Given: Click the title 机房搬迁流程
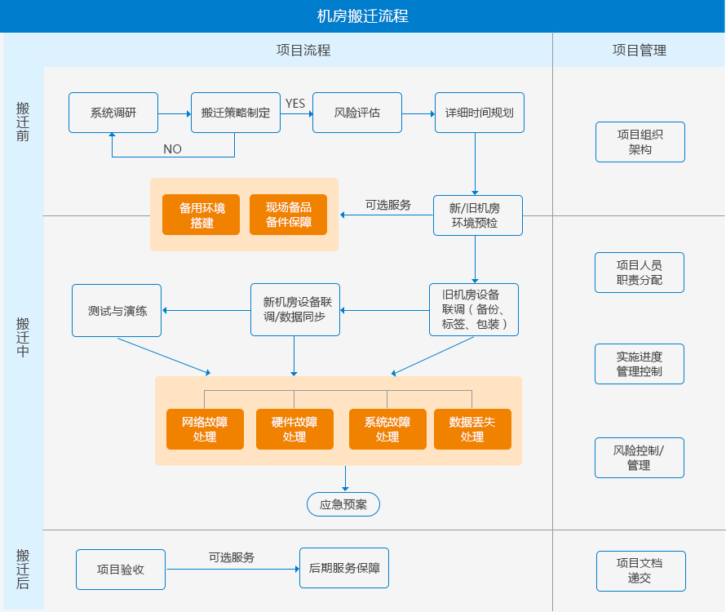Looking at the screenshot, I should (x=362, y=16).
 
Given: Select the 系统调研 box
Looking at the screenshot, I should (x=113, y=113).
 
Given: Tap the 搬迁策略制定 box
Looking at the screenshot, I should (x=235, y=113).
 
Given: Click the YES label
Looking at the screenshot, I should (x=295, y=103).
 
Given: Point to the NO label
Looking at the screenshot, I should (x=172, y=149).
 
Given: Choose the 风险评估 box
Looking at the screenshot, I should (x=357, y=113).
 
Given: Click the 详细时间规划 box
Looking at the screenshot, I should (x=479, y=113).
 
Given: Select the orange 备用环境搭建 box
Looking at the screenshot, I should (x=201, y=215).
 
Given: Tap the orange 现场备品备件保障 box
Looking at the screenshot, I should (x=289, y=215).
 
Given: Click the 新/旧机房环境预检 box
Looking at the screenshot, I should (x=478, y=215).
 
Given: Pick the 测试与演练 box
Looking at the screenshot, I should (x=117, y=310).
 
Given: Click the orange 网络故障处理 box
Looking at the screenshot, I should (x=205, y=429).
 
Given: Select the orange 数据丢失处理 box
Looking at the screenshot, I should (x=472, y=429).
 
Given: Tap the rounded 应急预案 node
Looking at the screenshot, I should (x=343, y=504).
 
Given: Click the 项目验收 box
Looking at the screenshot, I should (x=121, y=570).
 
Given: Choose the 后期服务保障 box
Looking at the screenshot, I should (x=344, y=568).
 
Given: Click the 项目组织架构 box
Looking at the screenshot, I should (x=640, y=142).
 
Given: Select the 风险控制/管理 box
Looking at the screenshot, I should (x=640, y=458).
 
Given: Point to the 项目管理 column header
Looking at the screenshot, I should (x=640, y=50).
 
